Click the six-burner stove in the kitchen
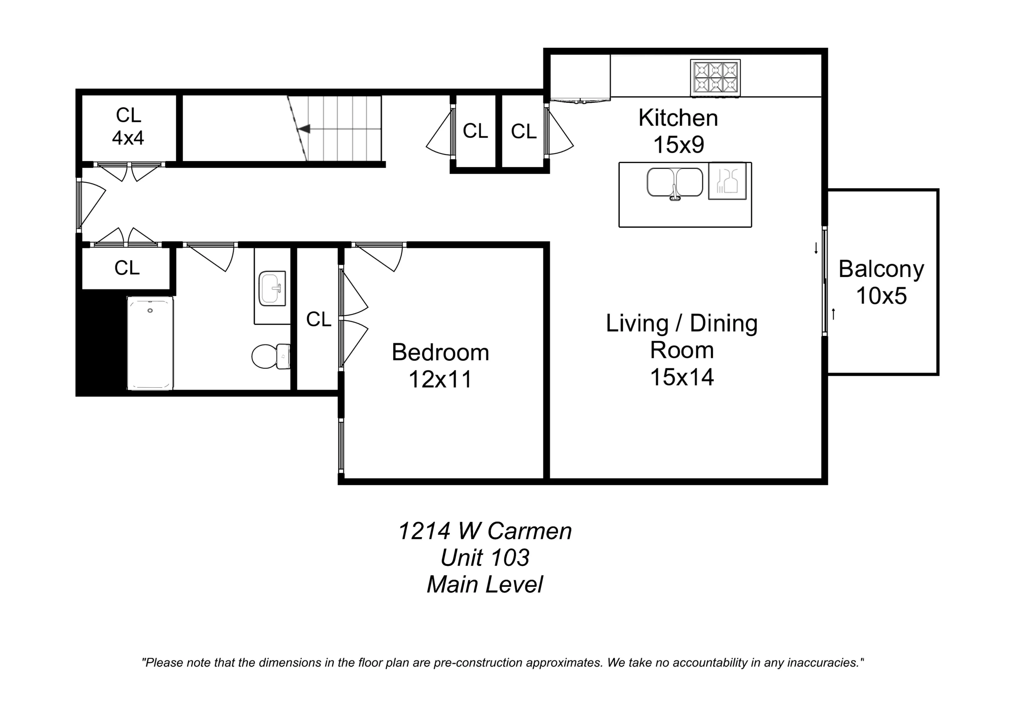pyautogui.click(x=715, y=78)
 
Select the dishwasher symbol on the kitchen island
pyautogui.click(x=727, y=181)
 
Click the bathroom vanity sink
pyautogui.click(x=272, y=288)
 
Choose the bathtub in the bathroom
pyautogui.click(x=150, y=343)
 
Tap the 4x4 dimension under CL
pyautogui.click(x=128, y=138)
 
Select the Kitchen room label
pyautogui.click(x=678, y=118)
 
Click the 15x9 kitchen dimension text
pyautogui.click(x=679, y=145)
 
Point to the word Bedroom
pyautogui.click(x=440, y=353)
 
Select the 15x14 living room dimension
pyautogui.click(x=682, y=377)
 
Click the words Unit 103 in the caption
pyautogui.click(x=485, y=557)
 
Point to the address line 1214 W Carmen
pyautogui.click(x=485, y=531)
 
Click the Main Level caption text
pyautogui.click(x=485, y=584)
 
